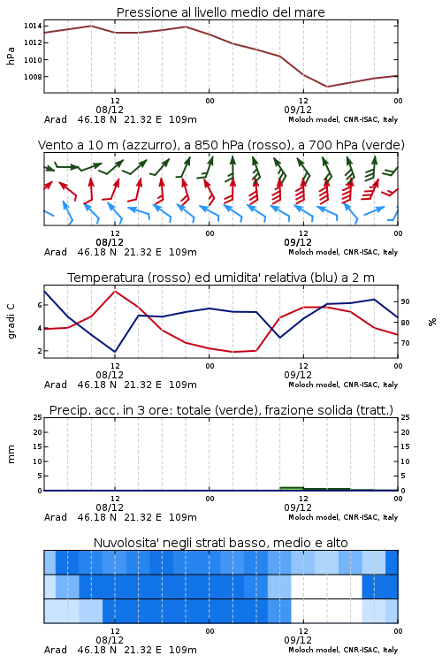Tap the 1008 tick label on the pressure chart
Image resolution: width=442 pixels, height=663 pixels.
tap(33, 77)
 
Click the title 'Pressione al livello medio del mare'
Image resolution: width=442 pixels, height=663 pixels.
tap(221, 12)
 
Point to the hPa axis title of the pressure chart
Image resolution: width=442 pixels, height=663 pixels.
tap(11, 56)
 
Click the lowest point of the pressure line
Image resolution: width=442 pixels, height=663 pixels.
tap(327, 87)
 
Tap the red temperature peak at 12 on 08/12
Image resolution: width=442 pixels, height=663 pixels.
tap(115, 291)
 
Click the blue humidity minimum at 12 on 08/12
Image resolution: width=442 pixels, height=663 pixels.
tap(115, 352)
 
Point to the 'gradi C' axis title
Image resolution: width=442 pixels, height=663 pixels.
tap(11, 321)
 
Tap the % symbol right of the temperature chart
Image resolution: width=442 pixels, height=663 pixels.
tap(432, 322)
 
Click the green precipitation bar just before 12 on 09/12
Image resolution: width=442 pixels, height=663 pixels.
tap(292, 489)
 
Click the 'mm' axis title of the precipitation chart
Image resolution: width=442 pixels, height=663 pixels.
tap(11, 454)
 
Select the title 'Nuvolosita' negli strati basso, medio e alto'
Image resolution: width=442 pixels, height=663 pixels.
tap(221, 543)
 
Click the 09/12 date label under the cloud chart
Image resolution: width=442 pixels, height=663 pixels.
tap(298, 640)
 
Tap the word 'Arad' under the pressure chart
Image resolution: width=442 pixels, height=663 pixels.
tap(56, 119)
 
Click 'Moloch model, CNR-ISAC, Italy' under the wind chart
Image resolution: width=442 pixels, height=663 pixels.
tap(343, 252)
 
